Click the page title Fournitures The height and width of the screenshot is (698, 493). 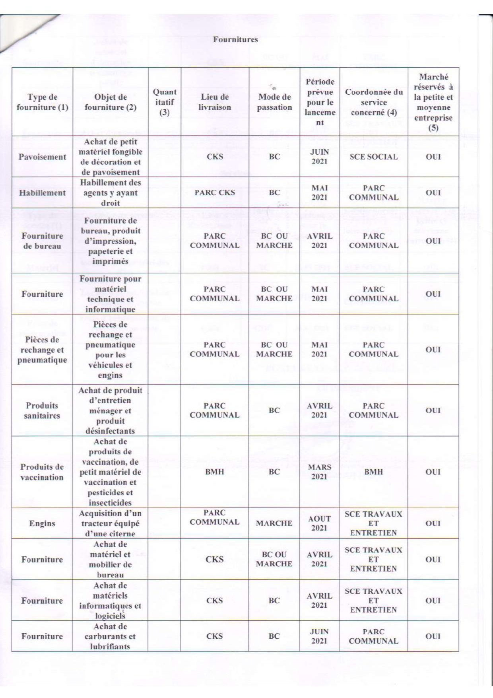(x=235, y=39)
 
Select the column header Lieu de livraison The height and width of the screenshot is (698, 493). (x=215, y=102)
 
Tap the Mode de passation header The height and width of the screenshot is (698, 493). (x=274, y=102)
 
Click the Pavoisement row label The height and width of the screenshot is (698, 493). (x=42, y=157)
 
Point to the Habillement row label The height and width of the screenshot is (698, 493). (x=42, y=192)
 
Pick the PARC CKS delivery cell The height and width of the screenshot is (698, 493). (x=215, y=192)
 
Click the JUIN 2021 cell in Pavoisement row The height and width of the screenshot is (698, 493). (x=319, y=157)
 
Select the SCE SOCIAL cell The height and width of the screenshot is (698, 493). (x=373, y=157)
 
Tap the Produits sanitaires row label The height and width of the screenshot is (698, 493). (x=42, y=410)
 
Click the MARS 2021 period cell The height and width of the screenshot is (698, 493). (x=319, y=472)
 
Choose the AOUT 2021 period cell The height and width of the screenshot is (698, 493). (x=319, y=523)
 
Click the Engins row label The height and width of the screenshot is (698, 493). (x=42, y=523)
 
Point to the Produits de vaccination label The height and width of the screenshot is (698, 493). (x=42, y=472)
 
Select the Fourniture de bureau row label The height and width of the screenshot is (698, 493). (x=42, y=241)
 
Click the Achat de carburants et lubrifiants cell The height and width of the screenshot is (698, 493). (x=110, y=636)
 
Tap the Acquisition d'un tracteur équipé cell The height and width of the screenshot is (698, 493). (x=110, y=523)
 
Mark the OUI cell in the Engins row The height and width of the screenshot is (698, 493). (x=433, y=523)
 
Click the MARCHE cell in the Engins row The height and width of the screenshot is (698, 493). (x=274, y=523)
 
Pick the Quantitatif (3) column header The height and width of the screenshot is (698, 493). (x=165, y=102)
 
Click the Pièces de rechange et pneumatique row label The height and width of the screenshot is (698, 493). (x=42, y=350)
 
